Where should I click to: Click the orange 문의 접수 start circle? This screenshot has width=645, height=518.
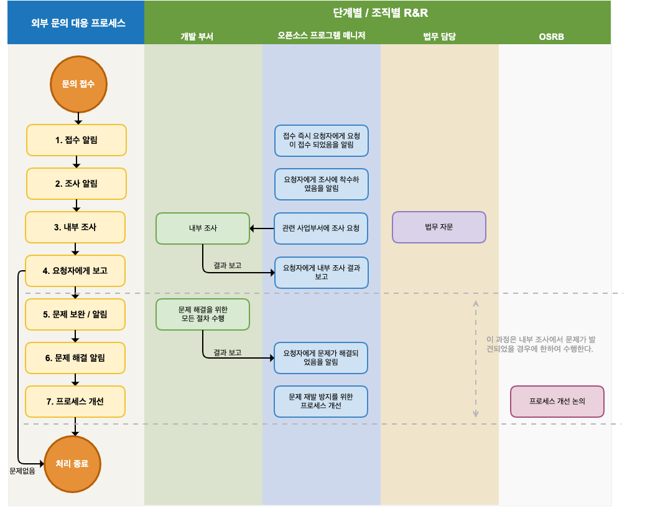pyautogui.click(x=78, y=84)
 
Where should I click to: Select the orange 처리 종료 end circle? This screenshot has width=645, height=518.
pyautogui.click(x=72, y=464)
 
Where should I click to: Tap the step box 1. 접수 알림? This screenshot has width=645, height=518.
pyautogui.click(x=77, y=140)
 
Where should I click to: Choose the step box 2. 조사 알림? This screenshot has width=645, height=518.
pyautogui.click(x=77, y=184)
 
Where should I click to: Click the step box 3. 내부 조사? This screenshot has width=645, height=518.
pyautogui.click(x=75, y=227)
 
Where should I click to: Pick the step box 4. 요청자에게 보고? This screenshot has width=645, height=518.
pyautogui.click(x=75, y=271)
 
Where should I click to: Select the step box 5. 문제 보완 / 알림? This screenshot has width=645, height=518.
pyautogui.click(x=75, y=314)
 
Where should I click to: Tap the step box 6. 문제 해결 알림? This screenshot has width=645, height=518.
pyautogui.click(x=75, y=358)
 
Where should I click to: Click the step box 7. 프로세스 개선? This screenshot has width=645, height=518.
pyautogui.click(x=75, y=402)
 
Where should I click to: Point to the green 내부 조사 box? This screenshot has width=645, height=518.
pyautogui.click(x=203, y=228)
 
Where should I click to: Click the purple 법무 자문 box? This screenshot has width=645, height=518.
pyautogui.click(x=439, y=227)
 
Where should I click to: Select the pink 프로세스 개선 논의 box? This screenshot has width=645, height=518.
pyautogui.click(x=557, y=402)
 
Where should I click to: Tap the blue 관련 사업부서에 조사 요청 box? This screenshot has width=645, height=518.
pyautogui.click(x=321, y=228)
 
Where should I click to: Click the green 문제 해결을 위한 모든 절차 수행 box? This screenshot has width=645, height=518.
pyautogui.click(x=203, y=314)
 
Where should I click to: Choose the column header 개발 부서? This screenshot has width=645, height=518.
pyautogui.click(x=197, y=37)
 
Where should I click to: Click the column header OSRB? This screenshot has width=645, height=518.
pyautogui.click(x=551, y=37)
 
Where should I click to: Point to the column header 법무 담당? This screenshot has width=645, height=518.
pyautogui.click(x=439, y=37)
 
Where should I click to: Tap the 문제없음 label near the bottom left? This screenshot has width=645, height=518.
pyautogui.click(x=22, y=471)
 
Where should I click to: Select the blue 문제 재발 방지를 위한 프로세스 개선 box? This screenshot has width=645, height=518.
pyautogui.click(x=321, y=402)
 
